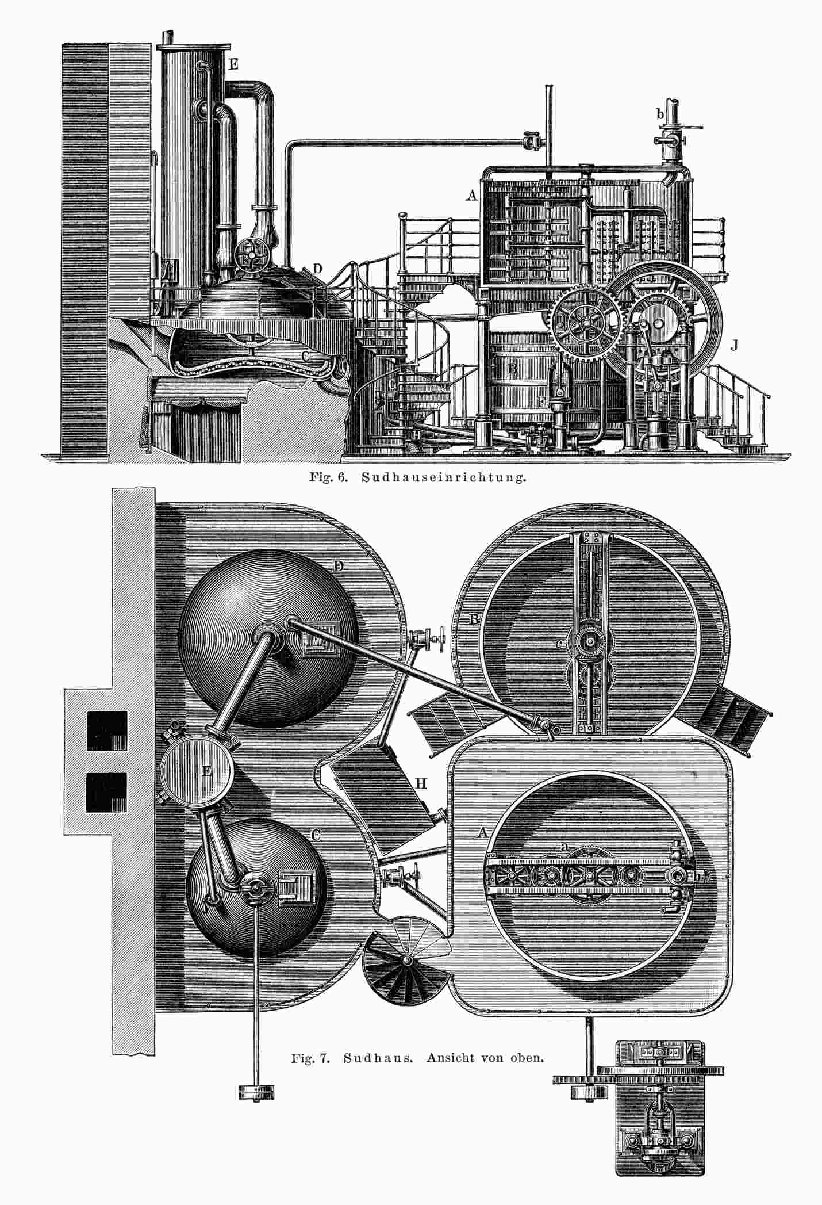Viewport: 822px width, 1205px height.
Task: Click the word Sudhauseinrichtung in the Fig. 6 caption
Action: pos(443,478)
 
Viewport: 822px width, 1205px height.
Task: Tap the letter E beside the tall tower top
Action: pos(233,64)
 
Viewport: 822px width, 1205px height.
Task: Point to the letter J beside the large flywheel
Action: pos(734,345)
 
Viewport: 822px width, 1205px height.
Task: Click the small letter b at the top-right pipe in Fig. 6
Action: pos(660,114)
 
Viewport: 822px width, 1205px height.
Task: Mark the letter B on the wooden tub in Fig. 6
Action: pos(514,366)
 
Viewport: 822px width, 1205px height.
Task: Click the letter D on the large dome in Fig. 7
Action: pos(339,567)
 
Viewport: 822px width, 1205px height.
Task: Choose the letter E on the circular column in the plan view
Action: pos(207,771)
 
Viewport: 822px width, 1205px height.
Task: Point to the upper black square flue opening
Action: pos(107,730)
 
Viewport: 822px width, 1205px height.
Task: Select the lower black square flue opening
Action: pos(106,792)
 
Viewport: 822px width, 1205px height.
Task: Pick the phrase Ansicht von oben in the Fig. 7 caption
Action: pos(485,1058)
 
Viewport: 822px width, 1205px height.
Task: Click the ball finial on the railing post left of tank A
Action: pos(403,215)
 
